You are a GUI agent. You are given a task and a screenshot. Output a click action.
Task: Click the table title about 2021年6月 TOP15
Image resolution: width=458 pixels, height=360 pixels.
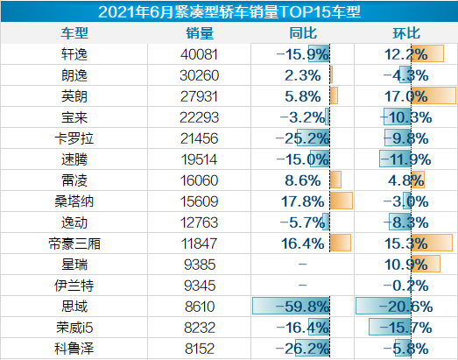tap(229, 11)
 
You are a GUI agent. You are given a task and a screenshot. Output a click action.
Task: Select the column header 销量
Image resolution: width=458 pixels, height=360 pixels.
tap(201, 32)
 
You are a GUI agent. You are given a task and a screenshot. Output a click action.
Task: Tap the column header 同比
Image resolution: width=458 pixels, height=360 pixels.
tap(302, 32)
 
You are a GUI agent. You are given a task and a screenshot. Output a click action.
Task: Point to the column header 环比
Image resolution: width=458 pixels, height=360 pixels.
tap(405, 32)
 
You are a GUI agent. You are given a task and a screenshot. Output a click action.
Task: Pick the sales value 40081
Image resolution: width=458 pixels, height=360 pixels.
tap(201, 53)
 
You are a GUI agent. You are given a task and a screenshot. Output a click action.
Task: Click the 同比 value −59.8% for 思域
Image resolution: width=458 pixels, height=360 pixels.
tap(302, 306)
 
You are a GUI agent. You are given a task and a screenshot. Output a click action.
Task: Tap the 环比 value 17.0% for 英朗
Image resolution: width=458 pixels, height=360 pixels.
tap(407, 95)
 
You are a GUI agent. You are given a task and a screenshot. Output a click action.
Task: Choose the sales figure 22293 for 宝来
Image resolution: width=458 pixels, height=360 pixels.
tap(201, 116)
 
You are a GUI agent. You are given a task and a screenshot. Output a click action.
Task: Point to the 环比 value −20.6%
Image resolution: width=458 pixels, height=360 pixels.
tap(405, 306)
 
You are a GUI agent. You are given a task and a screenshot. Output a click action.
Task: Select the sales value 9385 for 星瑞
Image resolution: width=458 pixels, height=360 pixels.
tap(201, 264)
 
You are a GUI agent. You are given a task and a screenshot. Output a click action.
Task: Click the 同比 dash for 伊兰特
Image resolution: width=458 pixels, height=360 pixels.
tap(302, 285)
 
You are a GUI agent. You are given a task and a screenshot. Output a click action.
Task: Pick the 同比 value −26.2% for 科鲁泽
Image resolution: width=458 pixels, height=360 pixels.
tap(302, 348)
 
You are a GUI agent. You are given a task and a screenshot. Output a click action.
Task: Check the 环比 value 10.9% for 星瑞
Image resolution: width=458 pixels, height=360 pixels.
tap(407, 264)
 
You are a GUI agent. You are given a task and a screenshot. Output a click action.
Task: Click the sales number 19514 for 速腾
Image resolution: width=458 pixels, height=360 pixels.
tap(201, 159)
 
